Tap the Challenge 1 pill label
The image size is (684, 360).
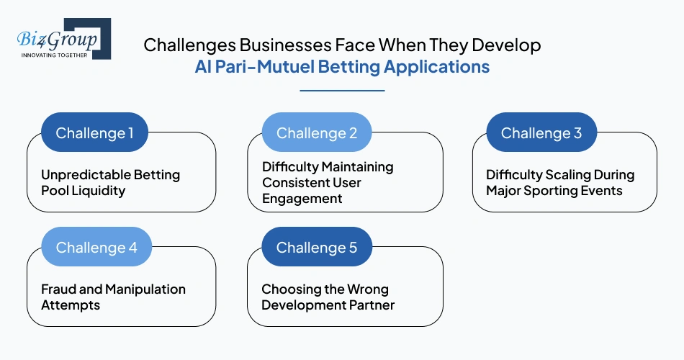click(94, 133)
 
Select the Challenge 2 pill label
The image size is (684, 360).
click(317, 133)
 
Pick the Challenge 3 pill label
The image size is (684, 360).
click(541, 133)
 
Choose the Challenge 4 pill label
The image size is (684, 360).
click(96, 248)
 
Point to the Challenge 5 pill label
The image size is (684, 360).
click(317, 248)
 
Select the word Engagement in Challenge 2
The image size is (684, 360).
click(302, 199)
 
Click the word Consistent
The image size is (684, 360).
click(294, 183)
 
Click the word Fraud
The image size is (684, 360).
click(59, 289)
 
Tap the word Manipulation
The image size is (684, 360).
click(145, 289)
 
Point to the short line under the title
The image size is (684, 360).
click(342, 91)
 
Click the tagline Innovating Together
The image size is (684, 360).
click(55, 54)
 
